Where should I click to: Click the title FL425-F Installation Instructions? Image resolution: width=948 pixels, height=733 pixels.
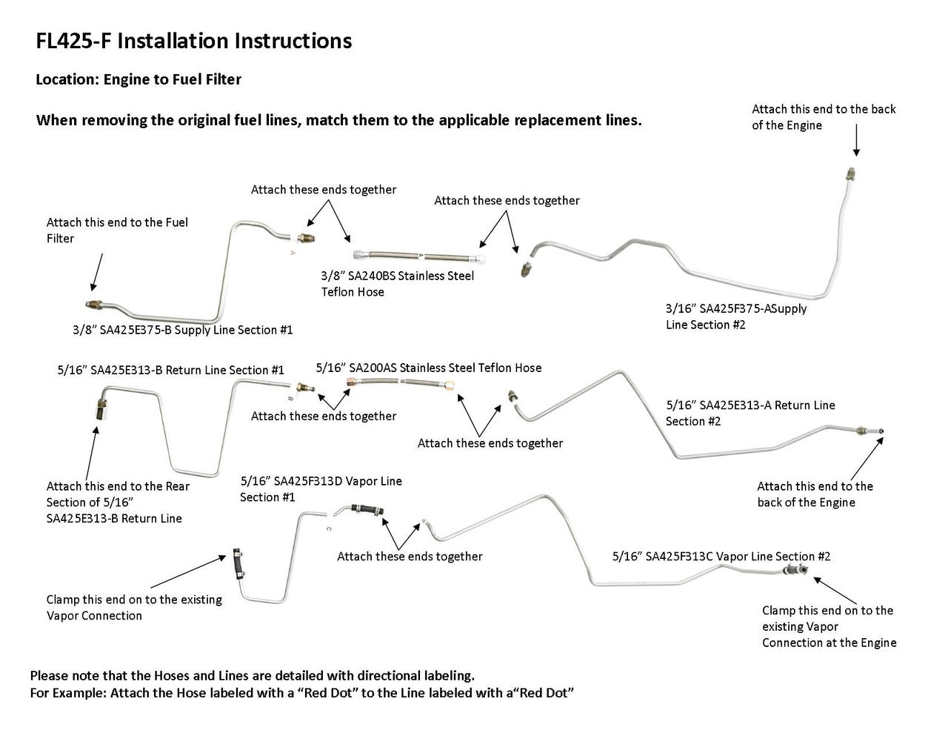point(193,42)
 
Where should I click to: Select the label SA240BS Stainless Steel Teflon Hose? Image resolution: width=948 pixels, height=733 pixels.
point(397,284)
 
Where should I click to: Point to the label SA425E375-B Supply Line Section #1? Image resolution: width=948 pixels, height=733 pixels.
point(183,330)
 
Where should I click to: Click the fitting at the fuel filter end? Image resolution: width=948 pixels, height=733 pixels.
point(93,304)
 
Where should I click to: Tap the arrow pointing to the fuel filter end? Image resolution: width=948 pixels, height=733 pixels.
point(97,271)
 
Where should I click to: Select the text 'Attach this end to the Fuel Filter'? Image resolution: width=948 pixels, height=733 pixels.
point(117,230)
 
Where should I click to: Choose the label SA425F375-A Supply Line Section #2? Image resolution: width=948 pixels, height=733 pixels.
point(735,316)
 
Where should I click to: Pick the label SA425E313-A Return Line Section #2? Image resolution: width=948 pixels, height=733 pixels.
point(750,413)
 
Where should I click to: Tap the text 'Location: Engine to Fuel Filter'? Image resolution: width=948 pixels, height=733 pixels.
point(138,79)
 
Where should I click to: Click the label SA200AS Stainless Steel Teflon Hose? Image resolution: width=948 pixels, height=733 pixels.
point(428,368)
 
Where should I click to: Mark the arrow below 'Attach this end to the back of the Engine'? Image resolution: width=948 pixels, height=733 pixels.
point(855,143)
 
